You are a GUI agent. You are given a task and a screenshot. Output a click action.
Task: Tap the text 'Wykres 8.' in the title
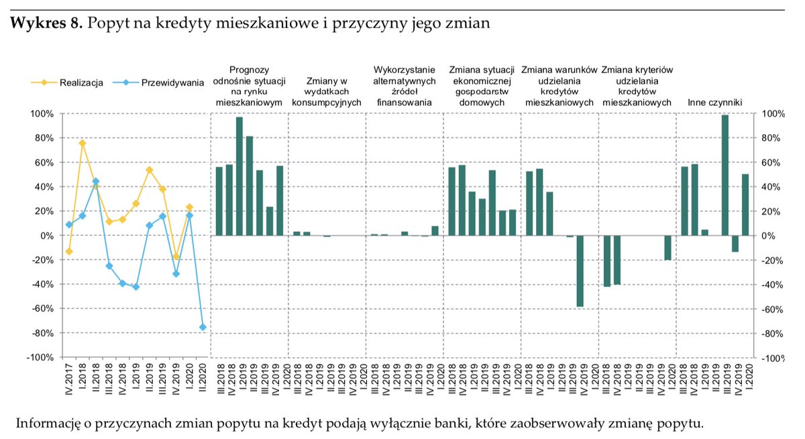point(46,23)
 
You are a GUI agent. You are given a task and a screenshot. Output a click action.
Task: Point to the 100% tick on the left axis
point(42,114)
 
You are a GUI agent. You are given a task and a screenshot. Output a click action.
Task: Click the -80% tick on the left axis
point(42,333)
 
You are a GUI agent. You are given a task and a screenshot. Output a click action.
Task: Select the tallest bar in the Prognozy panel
point(239,176)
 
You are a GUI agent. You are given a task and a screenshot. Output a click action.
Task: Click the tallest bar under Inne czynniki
point(724,175)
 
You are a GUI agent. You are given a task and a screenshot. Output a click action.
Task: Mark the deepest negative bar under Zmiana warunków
point(580,271)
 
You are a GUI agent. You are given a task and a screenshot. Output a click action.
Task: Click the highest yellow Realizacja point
point(82,143)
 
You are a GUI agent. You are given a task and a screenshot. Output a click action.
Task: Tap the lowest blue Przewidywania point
point(203,327)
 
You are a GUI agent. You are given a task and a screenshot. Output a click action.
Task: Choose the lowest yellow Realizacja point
point(176,257)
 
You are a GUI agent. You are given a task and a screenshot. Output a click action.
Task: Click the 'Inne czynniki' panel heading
point(714,103)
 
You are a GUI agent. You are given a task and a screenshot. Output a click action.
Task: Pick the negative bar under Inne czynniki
point(735,243)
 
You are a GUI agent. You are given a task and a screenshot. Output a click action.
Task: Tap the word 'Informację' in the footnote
point(47,424)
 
